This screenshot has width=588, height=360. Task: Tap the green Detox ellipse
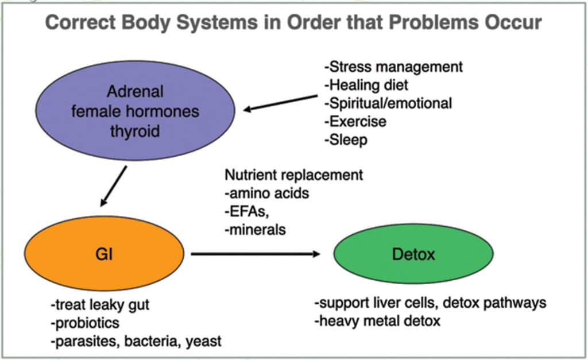point(413,253)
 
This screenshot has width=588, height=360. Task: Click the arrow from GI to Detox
point(256,253)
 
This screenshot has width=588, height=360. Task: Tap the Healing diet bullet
point(366,85)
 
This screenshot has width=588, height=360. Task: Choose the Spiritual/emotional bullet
point(388,103)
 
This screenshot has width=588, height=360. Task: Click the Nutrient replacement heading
point(293,175)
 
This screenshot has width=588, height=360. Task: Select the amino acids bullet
point(266,193)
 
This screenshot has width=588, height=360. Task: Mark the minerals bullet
point(254,230)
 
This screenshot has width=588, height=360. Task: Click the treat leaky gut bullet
point(102,304)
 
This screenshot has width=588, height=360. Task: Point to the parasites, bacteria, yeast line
point(136,341)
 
